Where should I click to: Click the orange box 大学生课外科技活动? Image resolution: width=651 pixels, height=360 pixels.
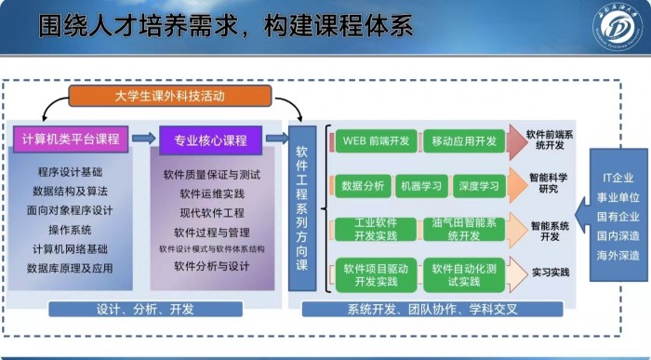pyautogui.click(x=169, y=96)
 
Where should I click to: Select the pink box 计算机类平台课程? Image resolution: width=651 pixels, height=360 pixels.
pyautogui.click(x=71, y=140)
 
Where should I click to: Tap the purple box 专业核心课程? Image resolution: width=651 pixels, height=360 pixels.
pyautogui.click(x=205, y=140)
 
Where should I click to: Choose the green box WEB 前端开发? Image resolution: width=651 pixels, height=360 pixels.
pyautogui.click(x=374, y=140)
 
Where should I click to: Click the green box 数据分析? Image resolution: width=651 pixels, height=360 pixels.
pyautogui.click(x=362, y=186)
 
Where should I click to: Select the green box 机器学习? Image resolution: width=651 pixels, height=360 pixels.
pyautogui.click(x=422, y=186)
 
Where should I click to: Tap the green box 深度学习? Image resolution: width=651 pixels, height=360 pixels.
pyautogui.click(x=479, y=186)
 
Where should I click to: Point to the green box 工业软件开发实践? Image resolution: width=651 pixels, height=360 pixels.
pyautogui.click(x=374, y=230)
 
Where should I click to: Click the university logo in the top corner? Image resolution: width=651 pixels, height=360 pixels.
pyautogui.click(x=618, y=27)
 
